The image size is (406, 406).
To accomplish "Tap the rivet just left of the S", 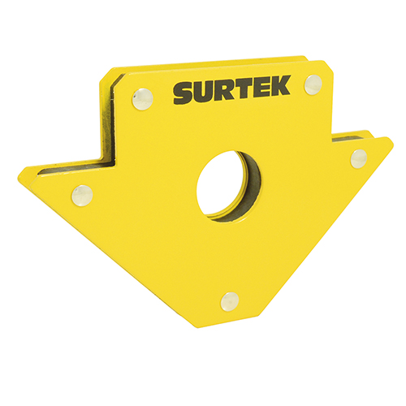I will (143, 98).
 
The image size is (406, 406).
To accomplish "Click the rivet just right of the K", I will (313, 84).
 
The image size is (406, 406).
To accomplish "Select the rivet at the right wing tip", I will (358, 158).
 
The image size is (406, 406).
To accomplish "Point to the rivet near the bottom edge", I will (230, 300).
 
